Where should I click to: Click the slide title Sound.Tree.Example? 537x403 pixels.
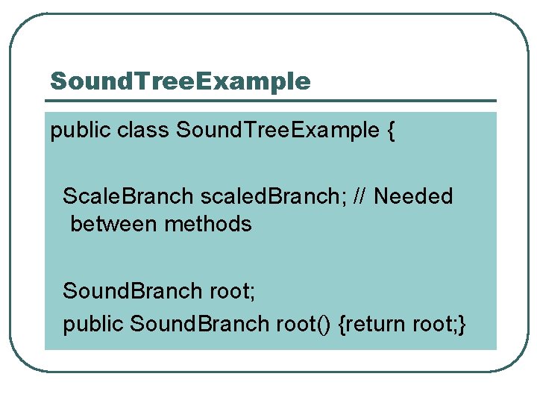pos(180,81)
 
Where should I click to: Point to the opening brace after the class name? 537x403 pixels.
pos(391,132)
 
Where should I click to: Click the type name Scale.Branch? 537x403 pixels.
pos(128,196)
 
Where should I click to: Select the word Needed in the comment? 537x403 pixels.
pos(413,196)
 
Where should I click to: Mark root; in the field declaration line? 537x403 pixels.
pos(231,290)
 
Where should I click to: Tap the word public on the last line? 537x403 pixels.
pos(93,323)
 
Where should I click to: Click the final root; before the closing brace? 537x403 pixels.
pos(435,323)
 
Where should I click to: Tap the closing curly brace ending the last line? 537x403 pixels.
pos(463,324)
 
